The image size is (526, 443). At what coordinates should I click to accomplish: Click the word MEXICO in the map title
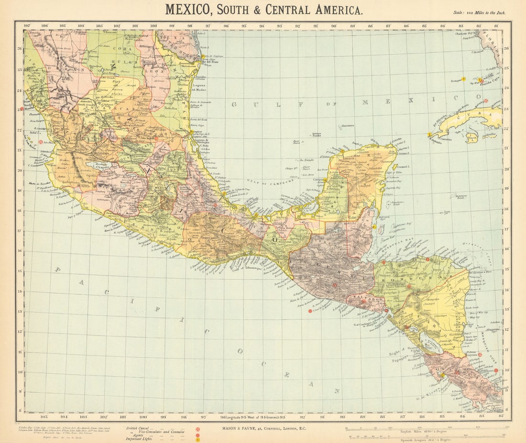point(188,9)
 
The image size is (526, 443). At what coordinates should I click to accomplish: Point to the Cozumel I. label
point(405,168)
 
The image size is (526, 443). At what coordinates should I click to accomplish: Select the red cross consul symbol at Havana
point(486,101)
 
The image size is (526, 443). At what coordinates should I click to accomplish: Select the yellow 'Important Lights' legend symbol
point(197,440)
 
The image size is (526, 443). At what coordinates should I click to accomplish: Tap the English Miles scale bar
point(427,427)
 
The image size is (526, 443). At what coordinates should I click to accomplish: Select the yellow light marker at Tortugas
point(463,78)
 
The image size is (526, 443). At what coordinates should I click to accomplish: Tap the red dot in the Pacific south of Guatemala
point(310,311)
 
